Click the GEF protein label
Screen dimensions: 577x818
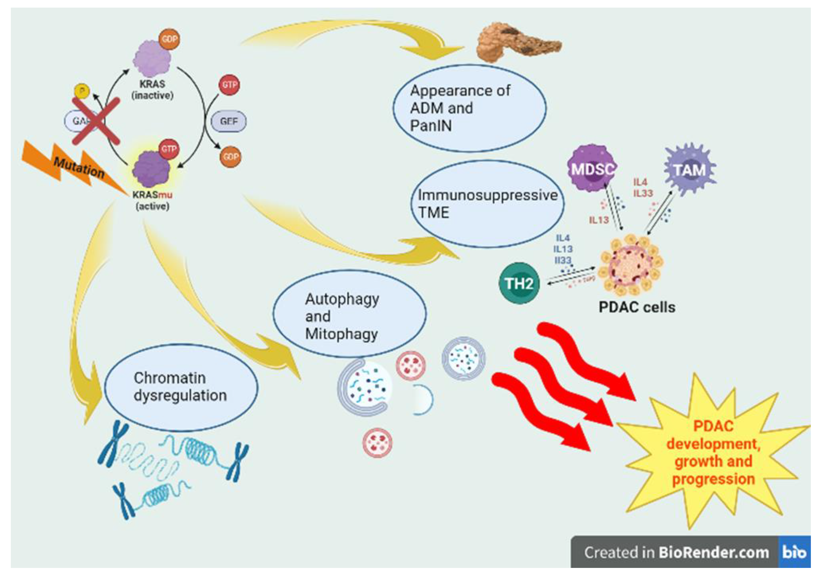[228, 121]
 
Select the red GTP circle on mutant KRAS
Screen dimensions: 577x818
[168, 149]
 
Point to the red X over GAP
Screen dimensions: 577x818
[96, 121]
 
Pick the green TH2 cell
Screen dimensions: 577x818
[519, 284]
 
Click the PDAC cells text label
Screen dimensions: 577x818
[637, 307]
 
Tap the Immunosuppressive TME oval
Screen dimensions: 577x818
[487, 204]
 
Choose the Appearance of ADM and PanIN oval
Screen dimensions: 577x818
[470, 108]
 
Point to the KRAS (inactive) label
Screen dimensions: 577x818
[152, 89]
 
